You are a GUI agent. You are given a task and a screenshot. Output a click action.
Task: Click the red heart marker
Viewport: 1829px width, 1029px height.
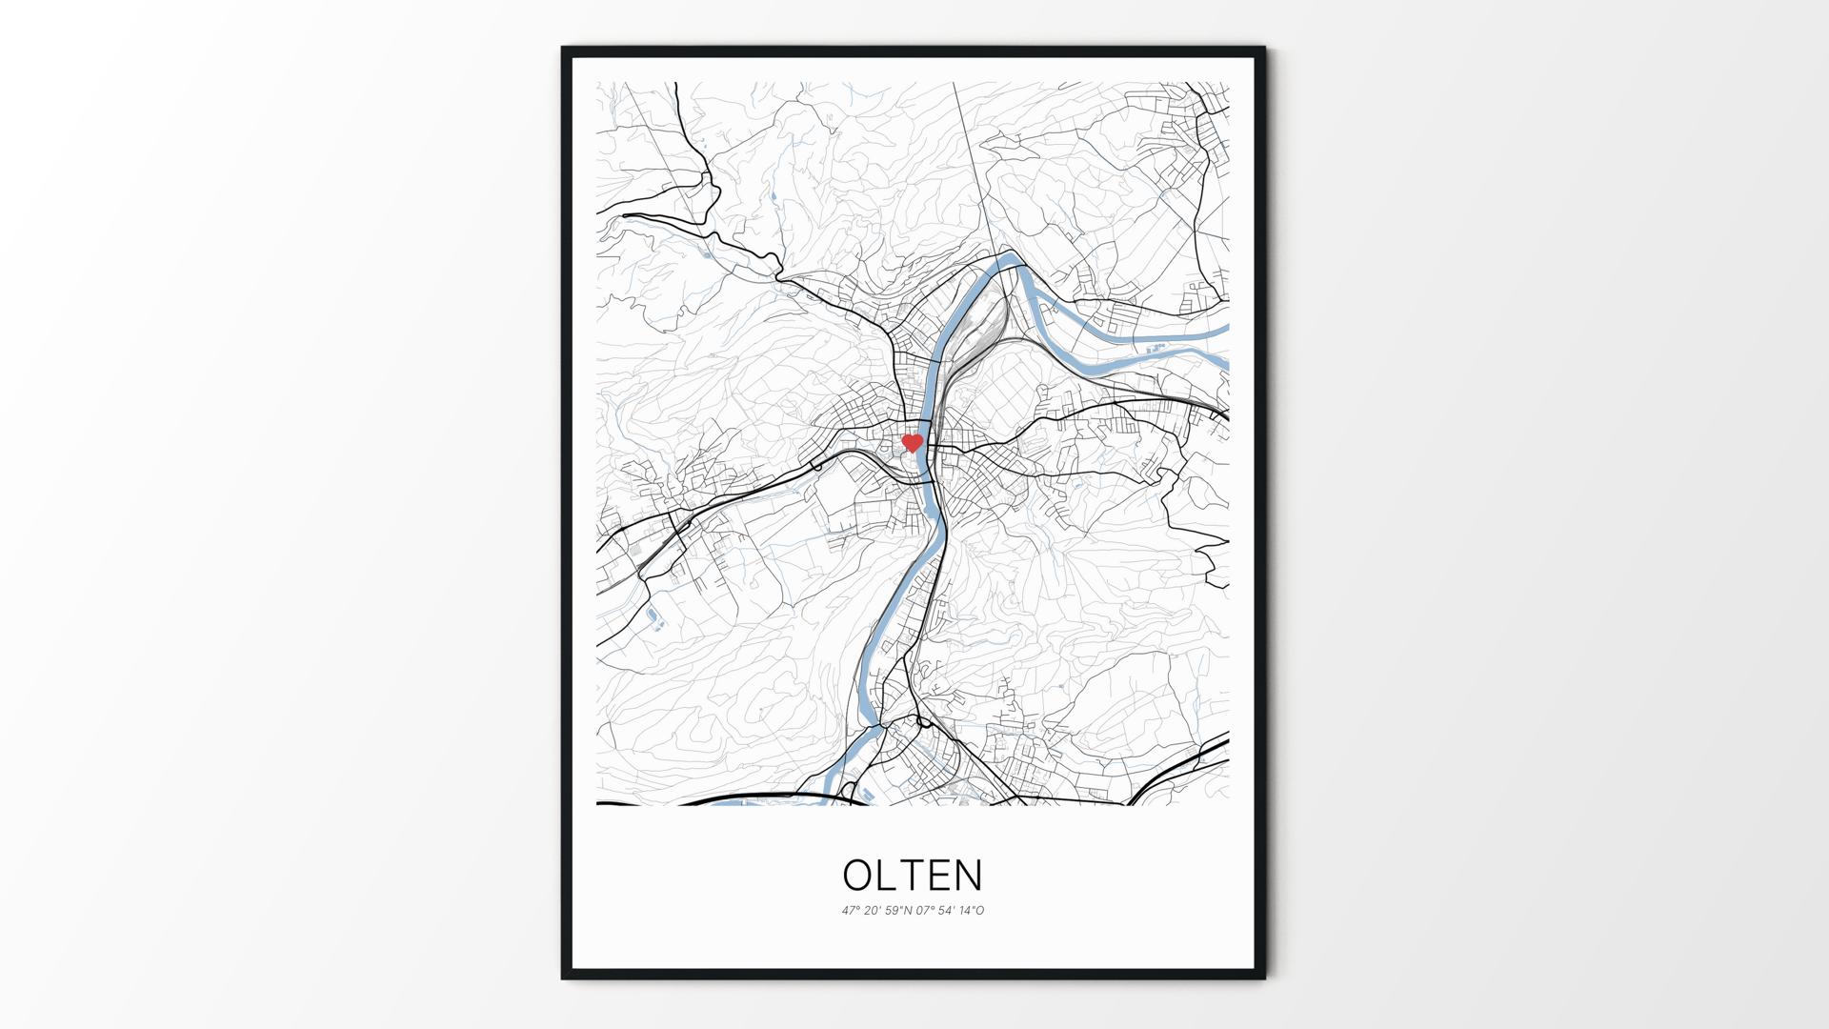[x=912, y=443]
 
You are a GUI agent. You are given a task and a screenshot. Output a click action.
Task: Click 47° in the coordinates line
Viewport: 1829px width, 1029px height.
[x=850, y=911]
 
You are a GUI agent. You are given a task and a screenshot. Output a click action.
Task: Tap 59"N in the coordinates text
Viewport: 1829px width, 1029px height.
[x=898, y=911]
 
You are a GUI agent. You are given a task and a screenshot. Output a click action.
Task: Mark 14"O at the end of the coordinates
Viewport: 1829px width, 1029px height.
[x=972, y=911]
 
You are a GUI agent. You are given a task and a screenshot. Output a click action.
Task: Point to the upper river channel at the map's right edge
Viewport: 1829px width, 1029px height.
[x=1223, y=330]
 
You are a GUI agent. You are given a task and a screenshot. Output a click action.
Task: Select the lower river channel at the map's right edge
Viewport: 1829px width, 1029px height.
[x=1223, y=362]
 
